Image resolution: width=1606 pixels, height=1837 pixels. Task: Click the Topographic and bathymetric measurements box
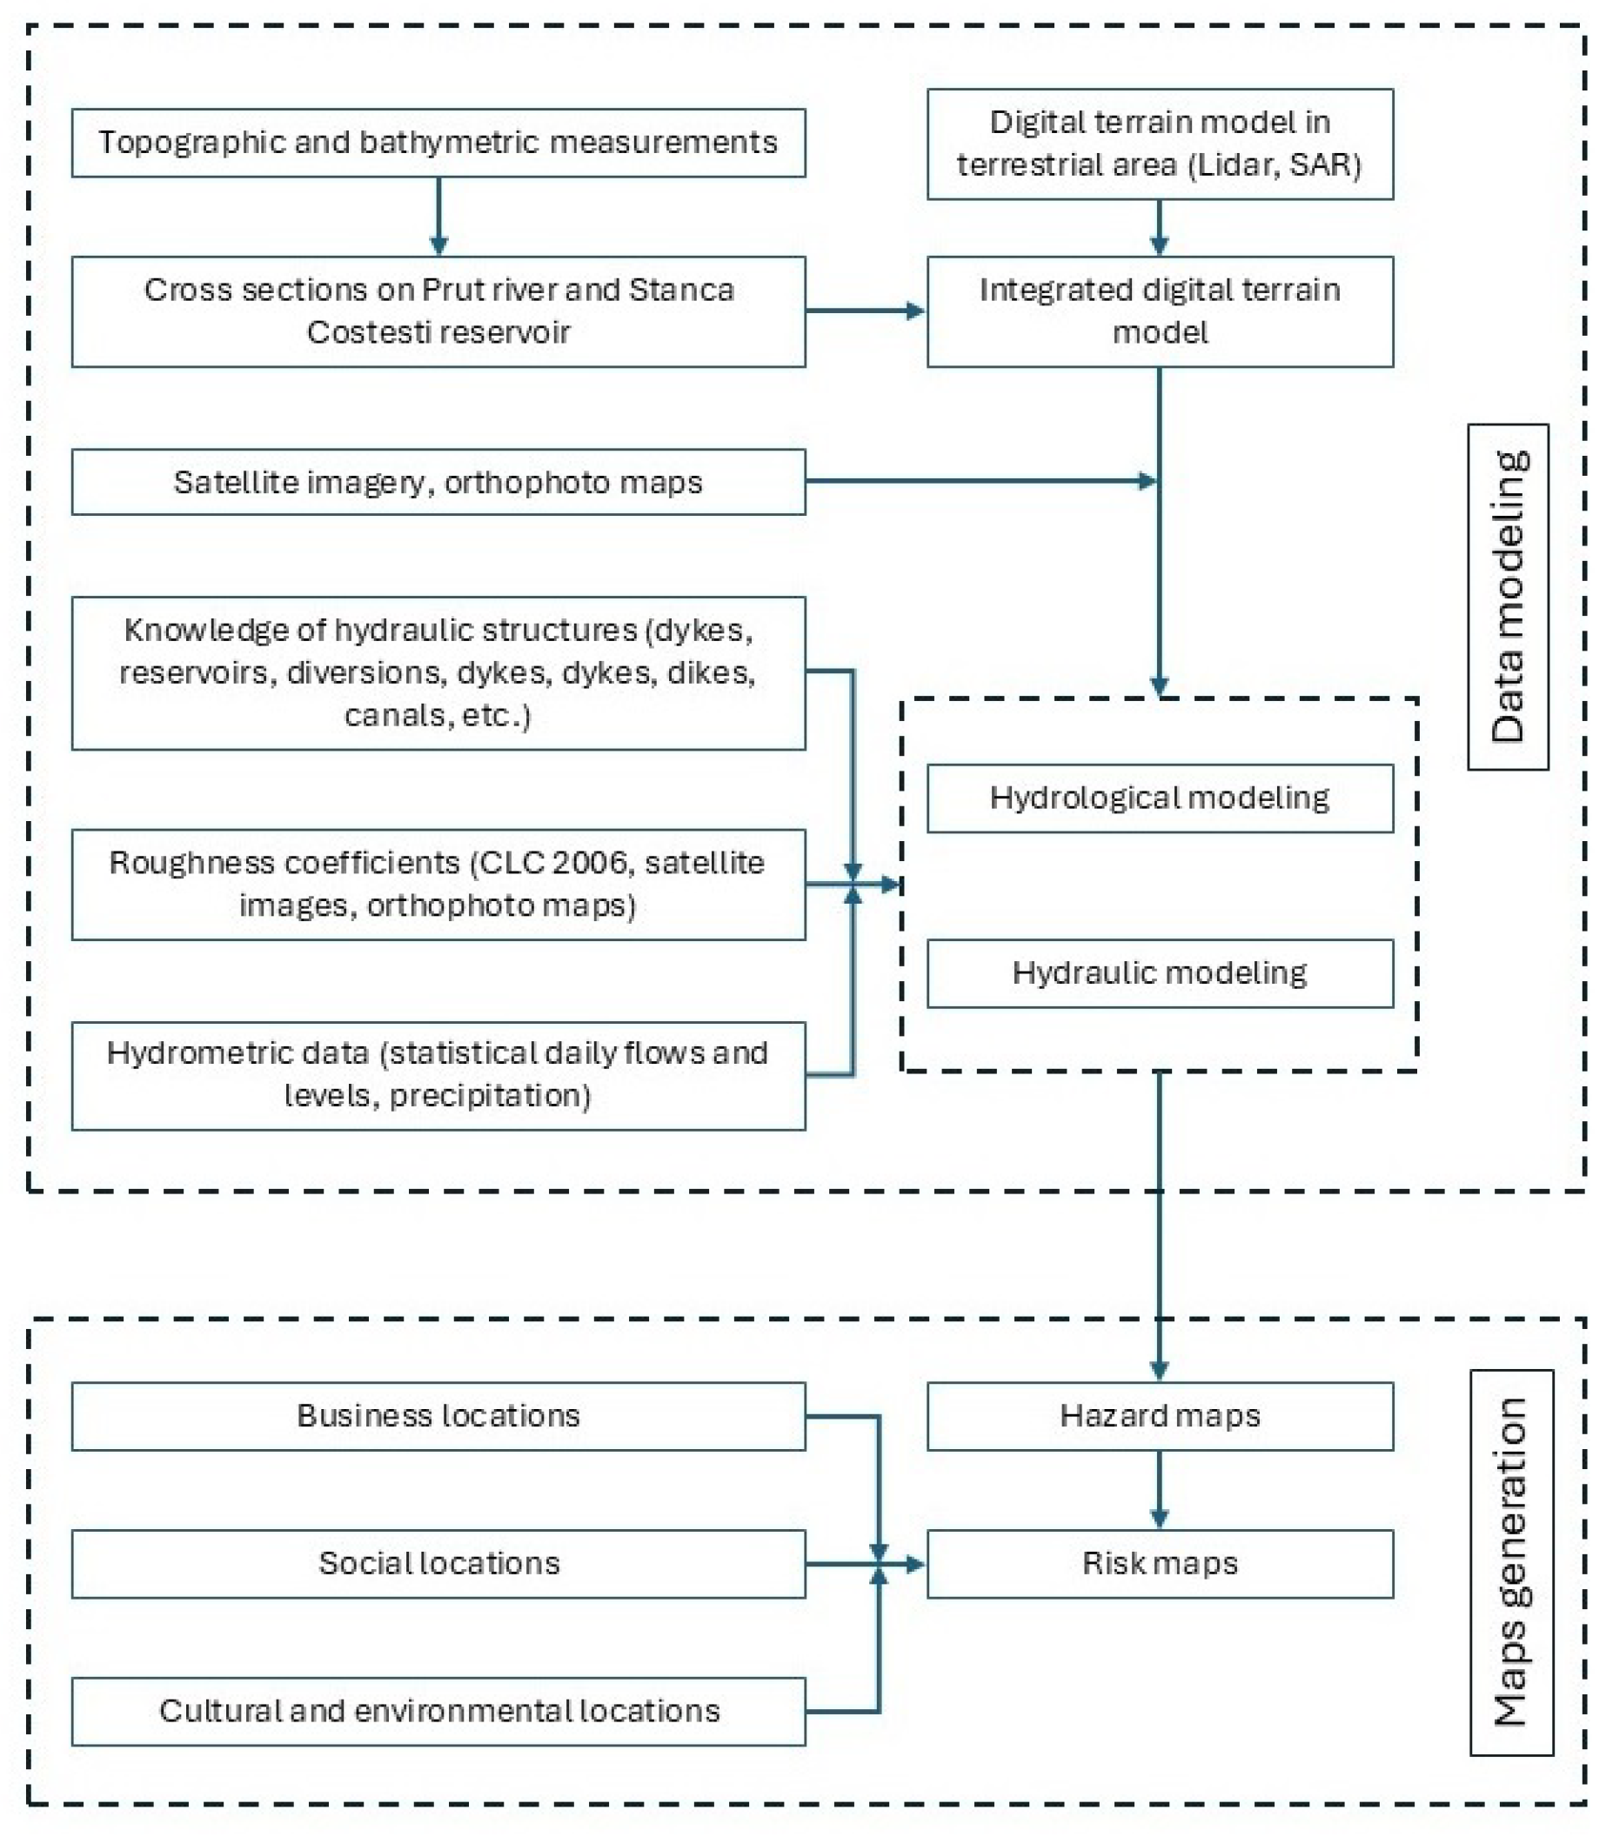(x=438, y=143)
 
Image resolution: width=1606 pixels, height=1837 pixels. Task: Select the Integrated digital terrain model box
(x=1160, y=311)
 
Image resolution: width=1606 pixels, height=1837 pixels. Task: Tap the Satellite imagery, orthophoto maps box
(x=438, y=482)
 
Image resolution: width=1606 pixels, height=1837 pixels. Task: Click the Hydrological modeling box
(x=1160, y=798)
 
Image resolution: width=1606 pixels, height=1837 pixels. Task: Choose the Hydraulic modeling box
(x=1160, y=972)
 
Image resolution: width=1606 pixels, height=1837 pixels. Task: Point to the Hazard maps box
(x=1160, y=1416)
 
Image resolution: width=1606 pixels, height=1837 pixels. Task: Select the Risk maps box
(x=1160, y=1564)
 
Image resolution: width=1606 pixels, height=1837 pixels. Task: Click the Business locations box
(x=438, y=1416)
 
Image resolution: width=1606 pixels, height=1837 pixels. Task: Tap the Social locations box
(x=438, y=1564)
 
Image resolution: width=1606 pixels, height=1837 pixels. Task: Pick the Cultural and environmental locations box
(x=438, y=1712)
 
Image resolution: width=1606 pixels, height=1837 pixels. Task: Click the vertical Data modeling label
(x=1509, y=597)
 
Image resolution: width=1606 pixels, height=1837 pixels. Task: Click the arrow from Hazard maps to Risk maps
(x=1159, y=1489)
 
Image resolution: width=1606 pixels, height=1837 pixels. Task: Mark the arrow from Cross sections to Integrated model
(x=865, y=311)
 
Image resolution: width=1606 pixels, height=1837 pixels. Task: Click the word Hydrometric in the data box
(x=238, y=1052)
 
